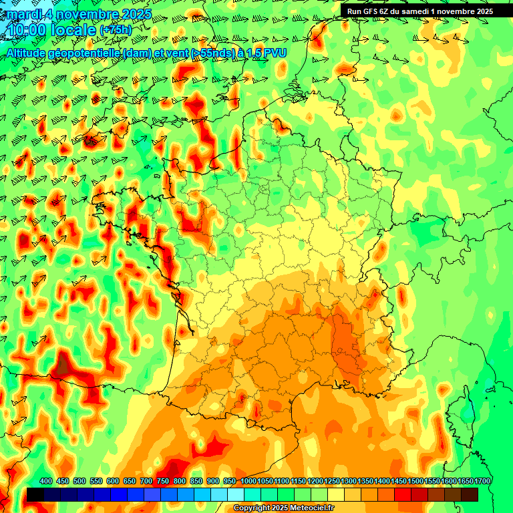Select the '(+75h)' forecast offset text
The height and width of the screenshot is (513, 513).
point(116,30)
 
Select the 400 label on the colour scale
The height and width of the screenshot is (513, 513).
point(46,482)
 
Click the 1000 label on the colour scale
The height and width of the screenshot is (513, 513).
point(249,482)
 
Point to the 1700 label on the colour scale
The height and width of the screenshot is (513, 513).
point(482,482)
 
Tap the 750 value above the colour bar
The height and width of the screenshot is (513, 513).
point(162,482)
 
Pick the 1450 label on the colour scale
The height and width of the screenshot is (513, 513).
point(399,482)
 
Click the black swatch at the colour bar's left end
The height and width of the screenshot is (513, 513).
point(35,494)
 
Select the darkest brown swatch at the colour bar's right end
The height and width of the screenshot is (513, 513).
point(470,494)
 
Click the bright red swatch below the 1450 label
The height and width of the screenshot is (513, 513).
point(403,494)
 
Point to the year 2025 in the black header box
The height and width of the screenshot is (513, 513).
point(483,11)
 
